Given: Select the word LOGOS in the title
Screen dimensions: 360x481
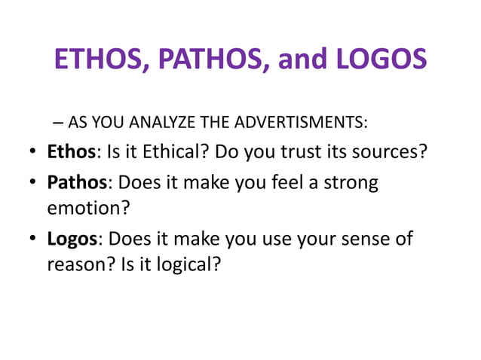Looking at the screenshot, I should click(378, 59).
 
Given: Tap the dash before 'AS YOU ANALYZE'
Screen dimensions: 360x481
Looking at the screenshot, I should click(60, 123).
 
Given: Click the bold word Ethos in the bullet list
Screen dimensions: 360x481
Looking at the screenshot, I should click(72, 152).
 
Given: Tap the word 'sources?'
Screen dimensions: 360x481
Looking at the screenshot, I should click(393, 152).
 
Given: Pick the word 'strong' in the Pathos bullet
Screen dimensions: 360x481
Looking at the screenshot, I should click(352, 183).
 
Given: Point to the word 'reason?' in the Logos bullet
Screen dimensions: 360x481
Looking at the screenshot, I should click(79, 265).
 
